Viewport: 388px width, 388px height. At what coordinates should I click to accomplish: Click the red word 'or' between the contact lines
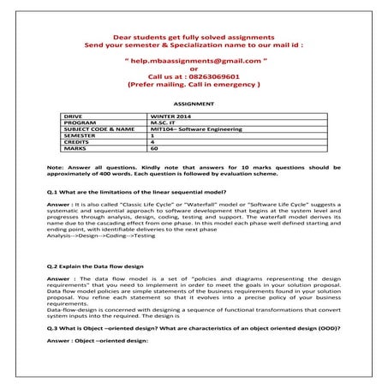193,69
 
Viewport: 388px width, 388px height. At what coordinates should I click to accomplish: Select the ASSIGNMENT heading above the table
193,103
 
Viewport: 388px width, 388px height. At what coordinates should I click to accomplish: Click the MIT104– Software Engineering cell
196,128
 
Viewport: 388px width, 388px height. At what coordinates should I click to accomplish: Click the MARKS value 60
154,149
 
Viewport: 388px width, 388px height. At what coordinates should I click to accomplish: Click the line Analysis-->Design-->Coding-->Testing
101,236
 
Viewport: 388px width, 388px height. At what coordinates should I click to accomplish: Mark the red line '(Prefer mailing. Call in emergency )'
193,86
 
